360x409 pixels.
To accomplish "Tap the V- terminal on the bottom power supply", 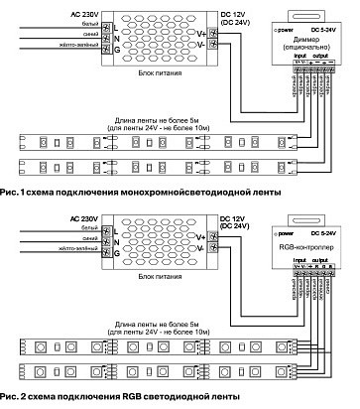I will click(x=202, y=251).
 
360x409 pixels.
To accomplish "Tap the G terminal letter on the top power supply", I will click(x=118, y=47).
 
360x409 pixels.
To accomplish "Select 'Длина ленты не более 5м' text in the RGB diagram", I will click(x=157, y=324).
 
